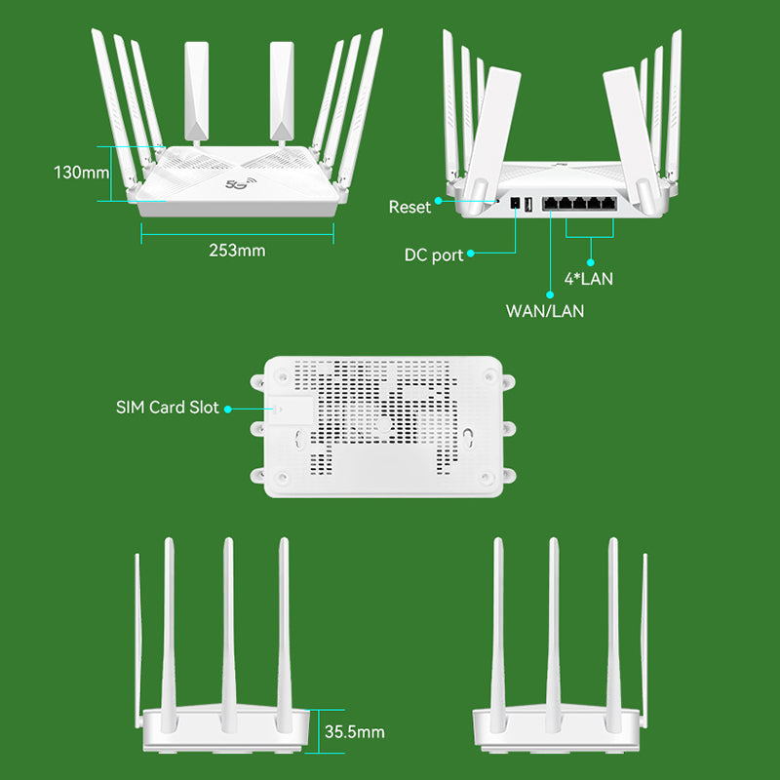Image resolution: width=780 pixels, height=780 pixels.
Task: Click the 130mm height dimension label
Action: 81,174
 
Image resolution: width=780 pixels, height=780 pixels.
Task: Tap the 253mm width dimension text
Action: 237,251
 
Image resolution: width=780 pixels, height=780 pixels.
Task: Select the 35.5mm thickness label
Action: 355,731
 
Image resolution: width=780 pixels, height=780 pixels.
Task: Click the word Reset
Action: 409,207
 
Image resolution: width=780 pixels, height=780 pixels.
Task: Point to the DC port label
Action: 434,255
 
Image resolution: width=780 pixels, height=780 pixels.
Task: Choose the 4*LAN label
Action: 589,279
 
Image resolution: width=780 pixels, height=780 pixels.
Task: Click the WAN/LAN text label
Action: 545,311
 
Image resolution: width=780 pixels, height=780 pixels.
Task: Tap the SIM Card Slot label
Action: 168,408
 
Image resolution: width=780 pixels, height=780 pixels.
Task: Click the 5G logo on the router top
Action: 237,182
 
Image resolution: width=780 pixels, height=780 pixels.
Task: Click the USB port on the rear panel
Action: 528,205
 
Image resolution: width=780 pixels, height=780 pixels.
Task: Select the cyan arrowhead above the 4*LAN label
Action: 590,260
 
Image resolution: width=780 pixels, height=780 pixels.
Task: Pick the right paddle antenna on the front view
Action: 282,88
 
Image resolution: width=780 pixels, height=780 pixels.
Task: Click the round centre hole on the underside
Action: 384,425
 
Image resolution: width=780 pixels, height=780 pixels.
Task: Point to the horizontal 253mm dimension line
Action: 237,232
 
